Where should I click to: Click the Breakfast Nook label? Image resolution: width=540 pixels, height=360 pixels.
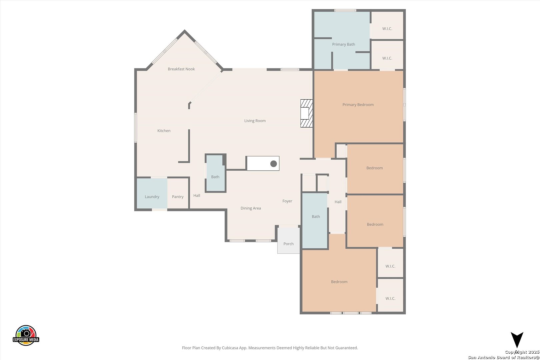tap(181, 69)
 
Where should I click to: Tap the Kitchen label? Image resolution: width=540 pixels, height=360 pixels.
tap(164, 131)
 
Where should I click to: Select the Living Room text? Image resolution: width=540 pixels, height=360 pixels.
tap(255, 121)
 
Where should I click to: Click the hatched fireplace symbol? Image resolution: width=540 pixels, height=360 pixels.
tap(306, 113)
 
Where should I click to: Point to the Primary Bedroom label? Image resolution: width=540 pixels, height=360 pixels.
tap(358, 105)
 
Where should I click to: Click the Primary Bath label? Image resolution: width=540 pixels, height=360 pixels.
tap(344, 44)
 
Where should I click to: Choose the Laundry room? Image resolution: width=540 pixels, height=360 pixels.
tap(152, 193)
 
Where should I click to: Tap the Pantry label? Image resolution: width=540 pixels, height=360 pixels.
tap(178, 197)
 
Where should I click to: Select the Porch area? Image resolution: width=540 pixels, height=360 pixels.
tap(289, 240)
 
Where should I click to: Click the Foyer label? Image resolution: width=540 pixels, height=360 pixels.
tap(287, 201)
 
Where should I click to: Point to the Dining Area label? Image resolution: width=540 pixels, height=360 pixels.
tap(251, 208)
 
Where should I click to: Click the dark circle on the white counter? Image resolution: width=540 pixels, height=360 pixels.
tap(274, 164)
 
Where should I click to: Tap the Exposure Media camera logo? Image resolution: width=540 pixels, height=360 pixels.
tap(26, 335)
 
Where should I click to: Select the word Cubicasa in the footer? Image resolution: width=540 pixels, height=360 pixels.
tap(230, 348)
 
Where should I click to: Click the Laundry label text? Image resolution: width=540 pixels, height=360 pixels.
tap(152, 197)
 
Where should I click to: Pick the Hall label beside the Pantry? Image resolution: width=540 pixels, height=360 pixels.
tap(197, 196)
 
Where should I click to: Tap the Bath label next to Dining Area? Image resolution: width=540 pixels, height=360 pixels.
tap(215, 177)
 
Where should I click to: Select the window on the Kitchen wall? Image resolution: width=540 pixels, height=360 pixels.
tap(135, 128)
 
